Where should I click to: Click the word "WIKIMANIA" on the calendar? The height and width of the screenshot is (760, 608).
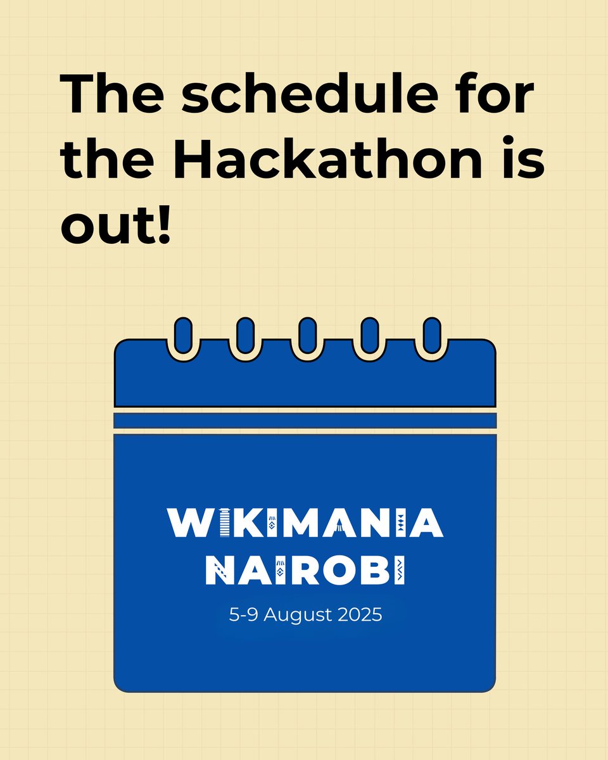(305, 522)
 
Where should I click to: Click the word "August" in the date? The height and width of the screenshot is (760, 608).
(298, 615)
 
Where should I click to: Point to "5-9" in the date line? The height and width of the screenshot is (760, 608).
(244, 614)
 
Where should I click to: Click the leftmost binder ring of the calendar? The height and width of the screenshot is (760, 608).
(183, 336)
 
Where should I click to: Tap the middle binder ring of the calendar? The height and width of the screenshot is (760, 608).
(307, 336)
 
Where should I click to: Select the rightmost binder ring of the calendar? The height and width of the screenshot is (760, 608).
(431, 336)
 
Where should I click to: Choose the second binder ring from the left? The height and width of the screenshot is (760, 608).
(245, 336)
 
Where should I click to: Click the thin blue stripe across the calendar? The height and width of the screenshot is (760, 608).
(305, 421)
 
